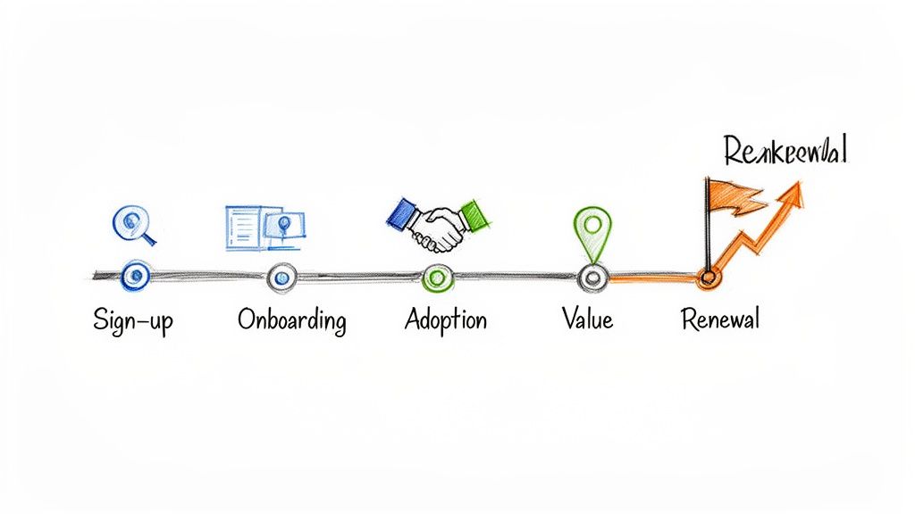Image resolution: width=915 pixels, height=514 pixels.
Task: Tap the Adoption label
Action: (x=445, y=319)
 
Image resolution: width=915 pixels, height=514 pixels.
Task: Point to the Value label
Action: (x=587, y=319)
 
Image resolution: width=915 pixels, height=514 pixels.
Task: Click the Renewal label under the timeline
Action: (x=719, y=319)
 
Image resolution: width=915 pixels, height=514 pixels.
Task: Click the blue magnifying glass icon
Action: (x=134, y=223)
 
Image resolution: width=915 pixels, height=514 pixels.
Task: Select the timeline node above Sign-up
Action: (x=135, y=277)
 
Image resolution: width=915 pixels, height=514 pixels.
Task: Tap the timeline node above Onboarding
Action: (x=281, y=278)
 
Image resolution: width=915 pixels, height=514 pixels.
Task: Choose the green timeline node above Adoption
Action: (x=436, y=278)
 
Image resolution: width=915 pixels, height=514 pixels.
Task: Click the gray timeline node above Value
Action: (x=592, y=278)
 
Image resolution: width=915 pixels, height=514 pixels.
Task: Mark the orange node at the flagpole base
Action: (x=709, y=278)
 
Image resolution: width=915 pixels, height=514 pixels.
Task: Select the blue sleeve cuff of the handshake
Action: (x=403, y=214)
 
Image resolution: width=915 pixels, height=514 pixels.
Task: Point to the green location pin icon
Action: (x=589, y=230)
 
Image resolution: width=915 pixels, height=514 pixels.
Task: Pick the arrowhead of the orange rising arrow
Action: (x=792, y=191)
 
